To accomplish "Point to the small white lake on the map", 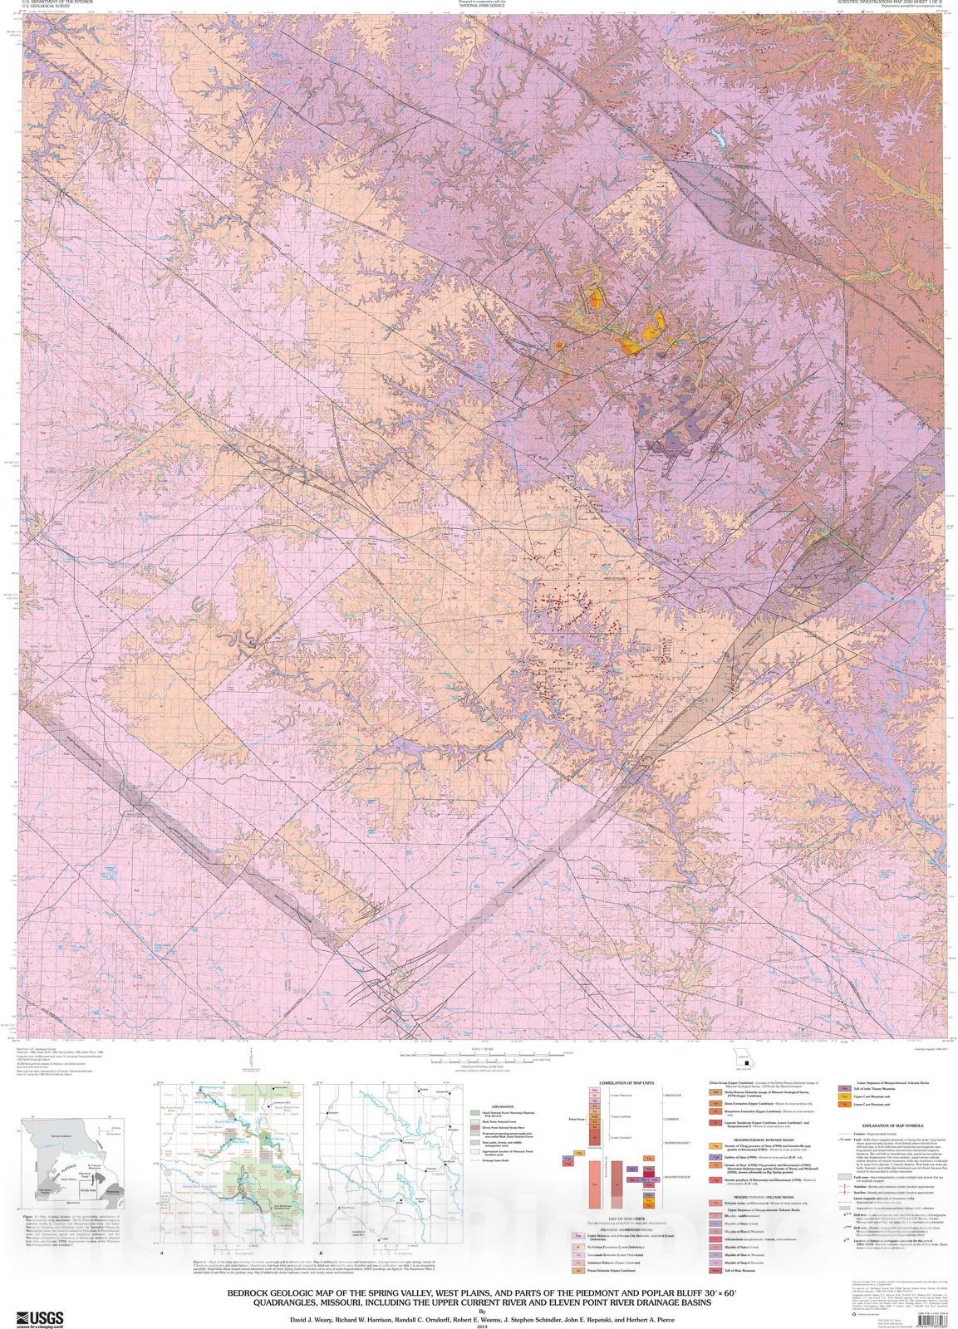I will (x=715, y=139).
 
